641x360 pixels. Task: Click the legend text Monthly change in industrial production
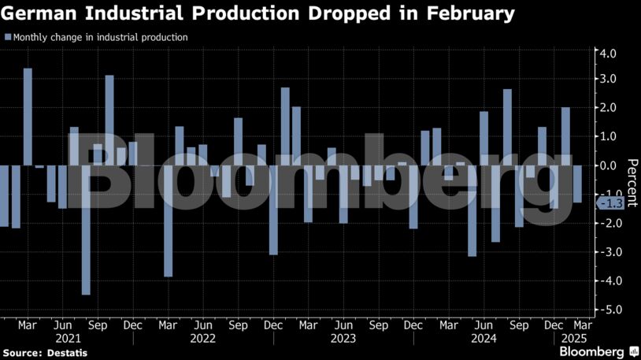tap(100, 37)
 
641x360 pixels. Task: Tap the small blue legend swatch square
tap(7, 37)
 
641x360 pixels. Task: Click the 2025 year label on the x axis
tap(570, 339)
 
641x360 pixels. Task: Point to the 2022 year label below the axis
tap(203, 339)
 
